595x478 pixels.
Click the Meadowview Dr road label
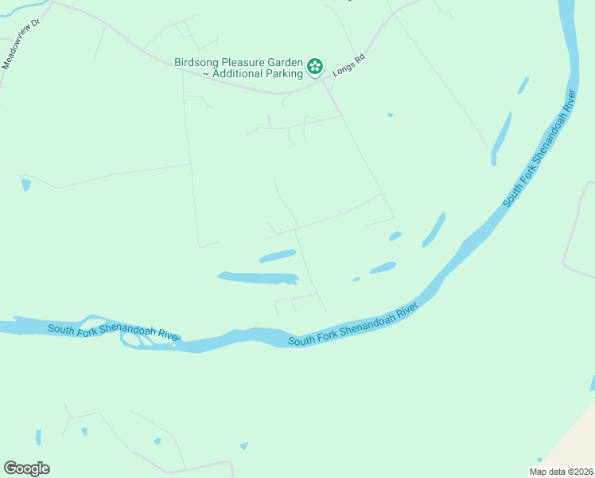point(21,51)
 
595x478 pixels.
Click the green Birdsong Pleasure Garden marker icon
point(315,65)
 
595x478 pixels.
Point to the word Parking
point(284,73)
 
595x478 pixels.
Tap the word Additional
point(237,73)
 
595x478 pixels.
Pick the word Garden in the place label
point(286,61)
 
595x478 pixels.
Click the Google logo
point(26,468)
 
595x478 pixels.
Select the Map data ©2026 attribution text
point(561,472)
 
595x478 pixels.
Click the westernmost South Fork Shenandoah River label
point(112,332)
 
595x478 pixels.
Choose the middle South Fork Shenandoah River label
point(352,324)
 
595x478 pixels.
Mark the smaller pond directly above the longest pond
point(277,256)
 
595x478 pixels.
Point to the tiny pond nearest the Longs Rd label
point(390,115)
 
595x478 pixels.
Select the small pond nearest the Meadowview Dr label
point(26,184)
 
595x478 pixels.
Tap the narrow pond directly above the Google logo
point(38,437)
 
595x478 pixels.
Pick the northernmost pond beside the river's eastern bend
point(523,84)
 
